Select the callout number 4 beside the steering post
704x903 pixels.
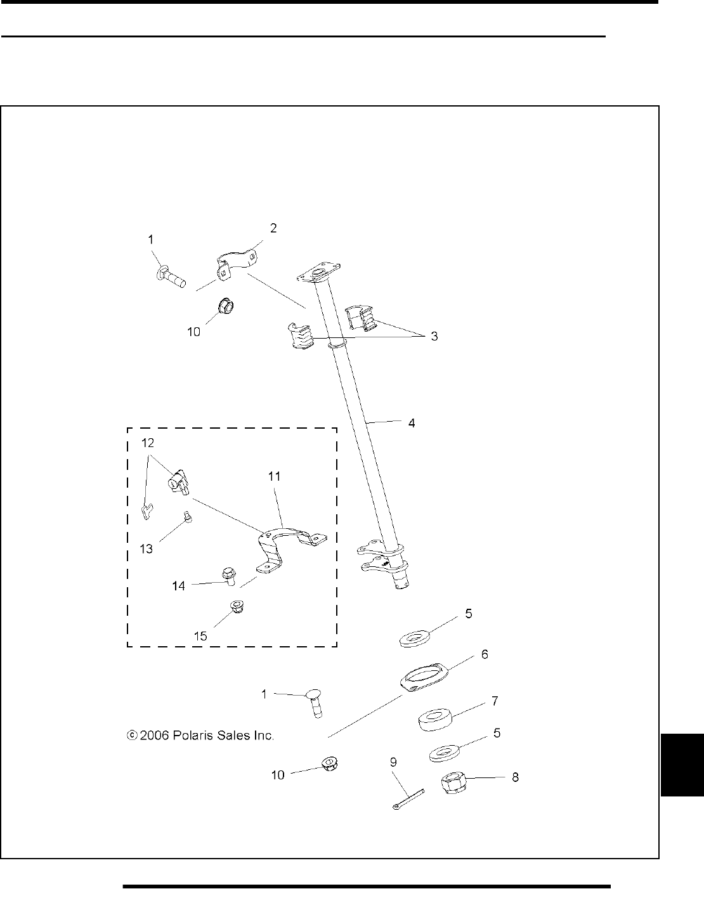point(412,422)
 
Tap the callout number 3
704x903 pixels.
point(434,337)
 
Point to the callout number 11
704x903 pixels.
point(275,476)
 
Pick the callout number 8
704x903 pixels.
point(515,777)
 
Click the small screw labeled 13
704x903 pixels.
point(188,518)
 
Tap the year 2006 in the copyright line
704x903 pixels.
point(152,736)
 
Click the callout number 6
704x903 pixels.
point(484,654)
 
